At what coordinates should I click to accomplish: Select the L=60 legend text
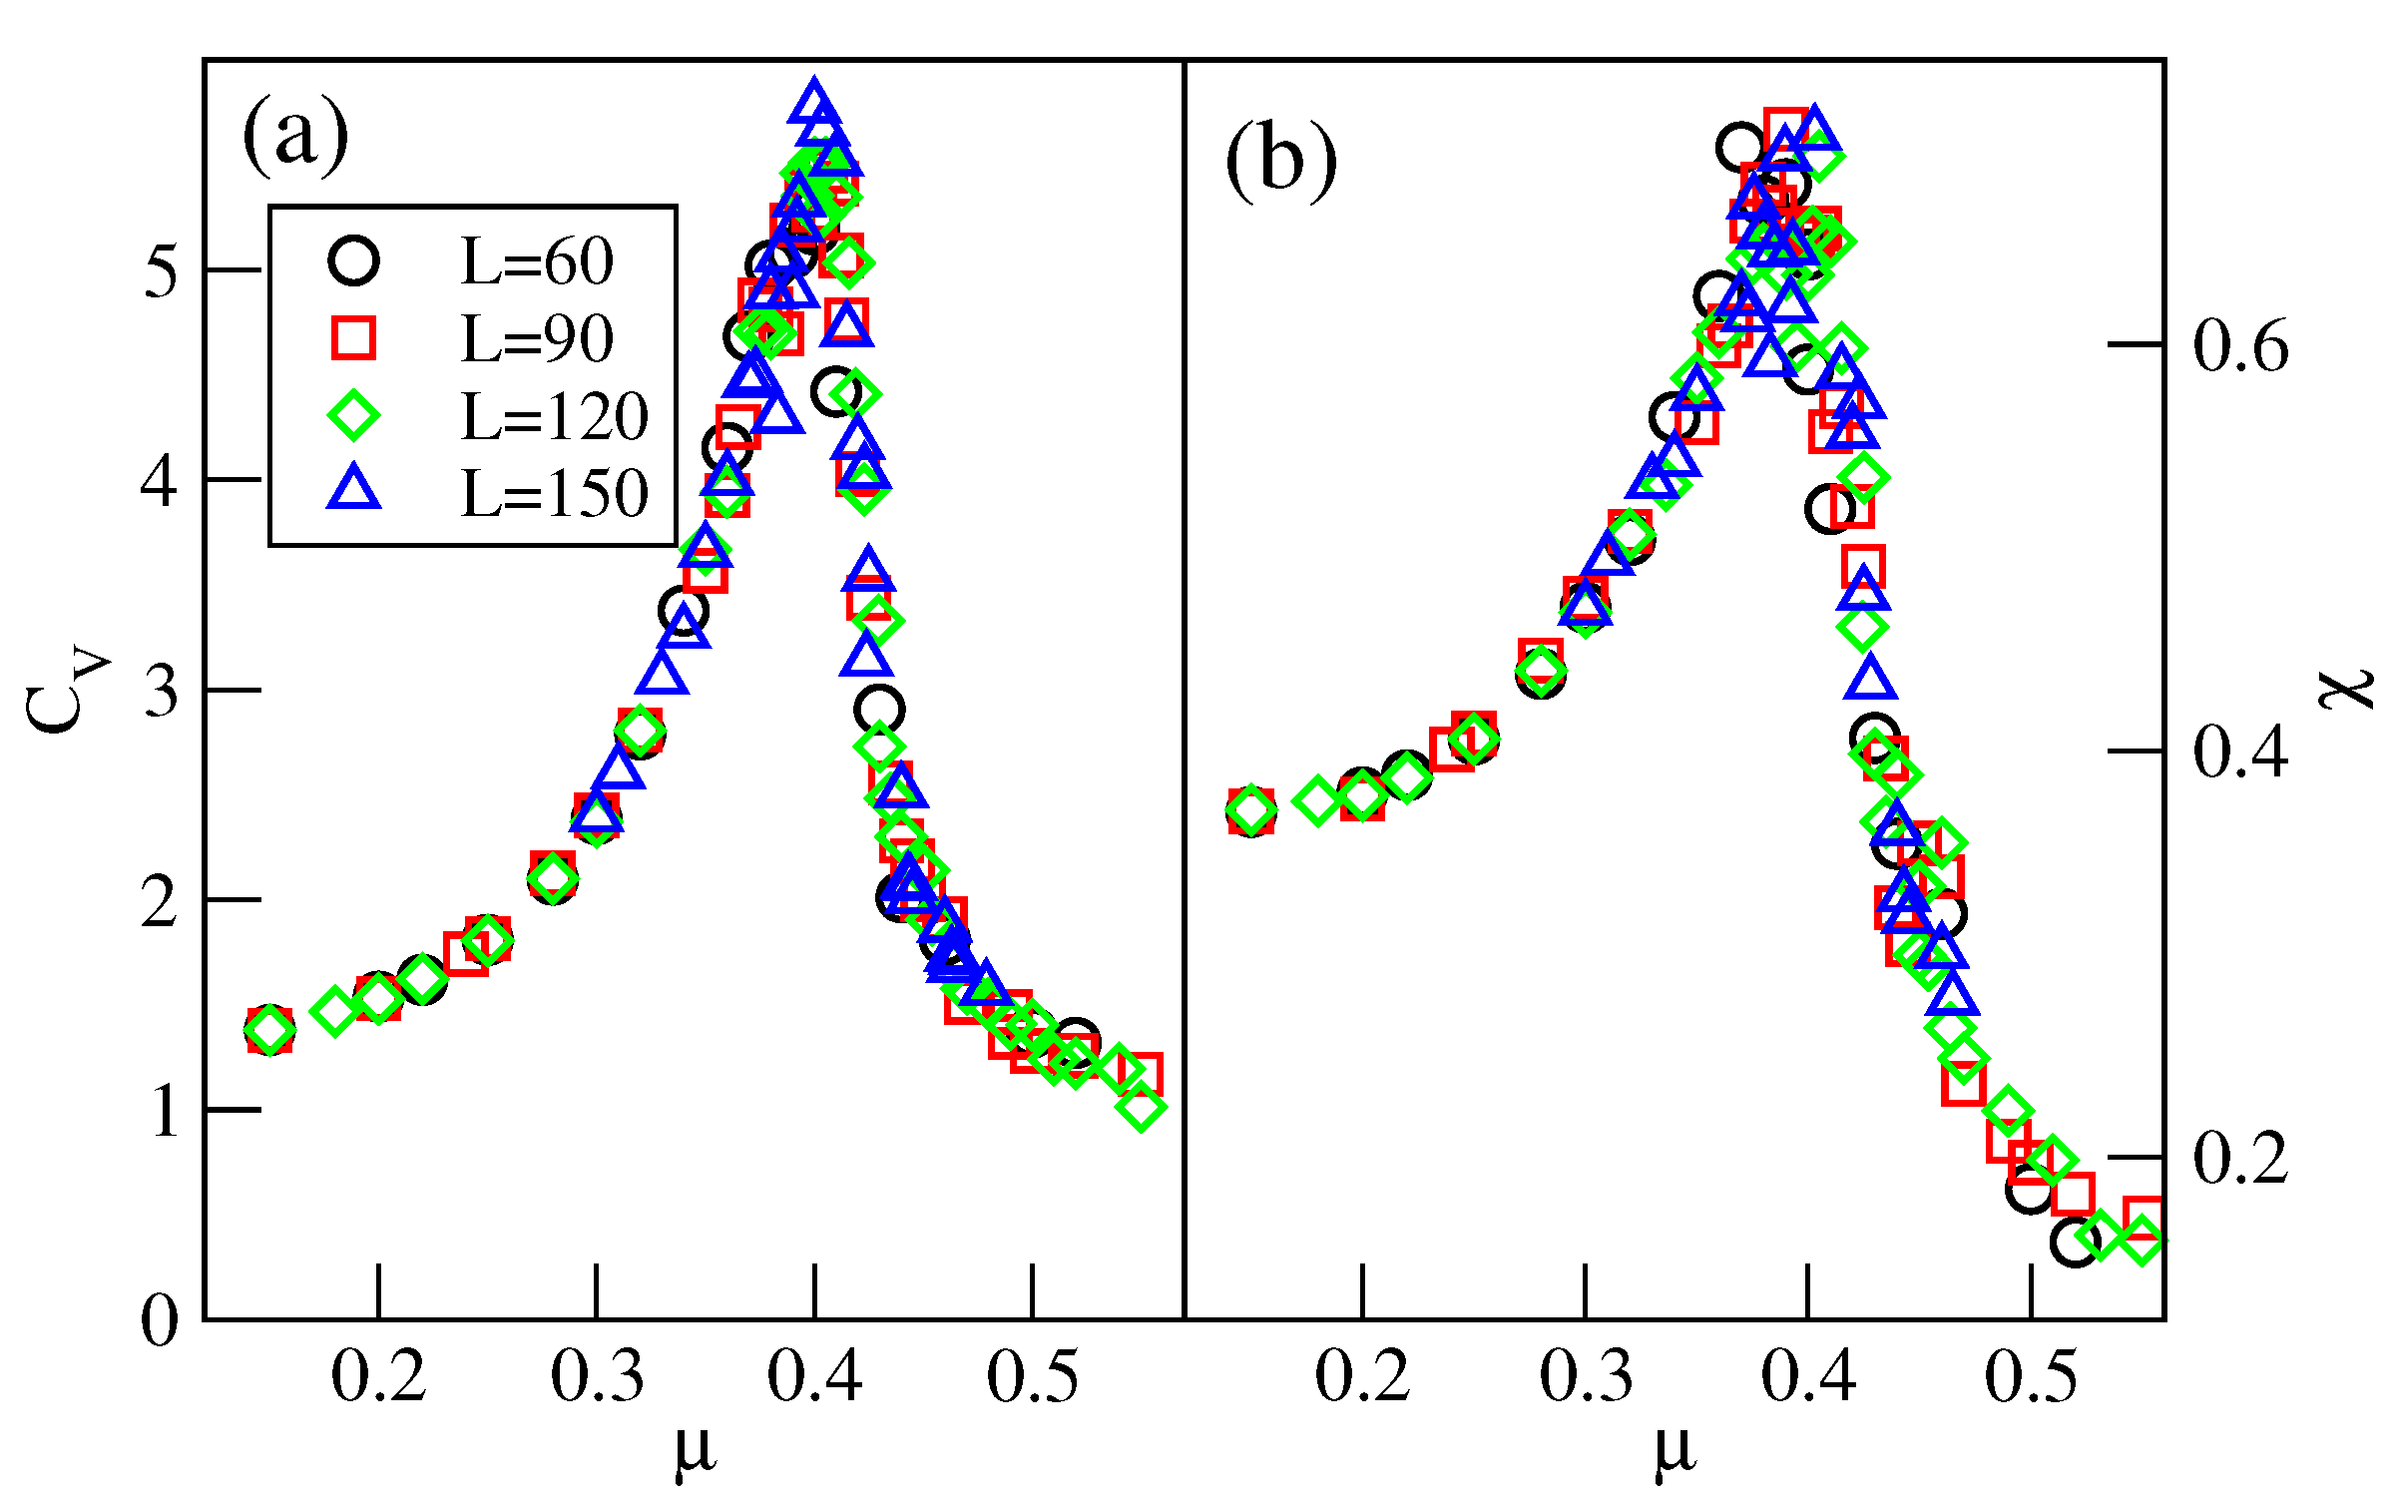pos(537,262)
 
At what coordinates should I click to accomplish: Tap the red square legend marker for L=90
pos(353,338)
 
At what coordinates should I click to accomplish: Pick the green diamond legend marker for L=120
pos(353,415)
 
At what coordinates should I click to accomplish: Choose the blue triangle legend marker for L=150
pos(353,489)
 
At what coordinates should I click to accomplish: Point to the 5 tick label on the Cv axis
pos(160,270)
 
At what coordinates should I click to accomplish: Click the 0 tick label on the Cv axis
pos(160,1321)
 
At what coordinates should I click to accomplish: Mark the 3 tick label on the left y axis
pos(160,691)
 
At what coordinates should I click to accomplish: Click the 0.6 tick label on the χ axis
pos(2239,346)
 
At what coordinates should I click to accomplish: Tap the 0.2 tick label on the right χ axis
pos(2239,1159)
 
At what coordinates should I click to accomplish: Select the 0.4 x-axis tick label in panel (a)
pos(814,1377)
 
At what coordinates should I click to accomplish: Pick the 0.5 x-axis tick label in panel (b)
pos(2030,1377)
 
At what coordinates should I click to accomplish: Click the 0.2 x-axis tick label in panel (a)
pos(378,1377)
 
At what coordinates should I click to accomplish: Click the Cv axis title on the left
pos(65,689)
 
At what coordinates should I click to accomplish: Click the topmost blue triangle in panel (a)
pos(814,102)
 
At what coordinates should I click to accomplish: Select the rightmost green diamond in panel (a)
pos(1142,1107)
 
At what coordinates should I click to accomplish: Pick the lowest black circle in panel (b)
pos(2075,1243)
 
